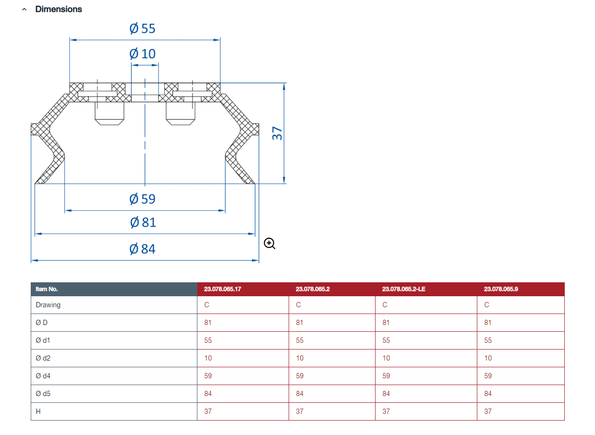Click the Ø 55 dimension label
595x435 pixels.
pyautogui.click(x=142, y=28)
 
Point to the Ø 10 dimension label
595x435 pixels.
pyautogui.click(x=142, y=54)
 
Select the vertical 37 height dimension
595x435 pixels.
pyautogui.click(x=277, y=133)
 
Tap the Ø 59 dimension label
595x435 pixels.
pyautogui.click(x=142, y=199)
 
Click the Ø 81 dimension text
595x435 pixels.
pyautogui.click(x=143, y=223)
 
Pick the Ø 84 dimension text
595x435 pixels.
pyautogui.click(x=142, y=249)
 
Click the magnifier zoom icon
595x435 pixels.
pyautogui.click(x=269, y=243)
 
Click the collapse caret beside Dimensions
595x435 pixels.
pyautogui.click(x=24, y=10)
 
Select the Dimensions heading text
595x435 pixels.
pyautogui.click(x=59, y=9)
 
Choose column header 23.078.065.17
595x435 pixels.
pyautogui.click(x=223, y=289)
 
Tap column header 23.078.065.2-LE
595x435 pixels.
pyautogui.click(x=404, y=289)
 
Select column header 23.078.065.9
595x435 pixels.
pyautogui.click(x=501, y=289)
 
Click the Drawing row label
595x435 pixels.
pyautogui.click(x=48, y=305)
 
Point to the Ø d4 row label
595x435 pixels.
pyautogui.click(x=43, y=376)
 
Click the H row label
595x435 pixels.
pyautogui.click(x=38, y=411)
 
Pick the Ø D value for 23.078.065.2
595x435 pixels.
pyautogui.click(x=300, y=323)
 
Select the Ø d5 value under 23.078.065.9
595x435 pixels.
pyautogui.click(x=488, y=394)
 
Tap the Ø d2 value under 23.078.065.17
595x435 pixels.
pyautogui.click(x=208, y=358)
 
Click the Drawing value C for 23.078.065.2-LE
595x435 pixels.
pyautogui.click(x=385, y=305)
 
